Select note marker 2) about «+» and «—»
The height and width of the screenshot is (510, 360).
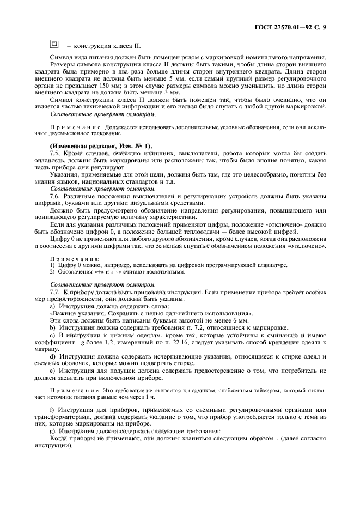53,271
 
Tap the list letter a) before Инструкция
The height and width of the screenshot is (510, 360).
52,306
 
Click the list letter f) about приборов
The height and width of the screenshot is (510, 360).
52,409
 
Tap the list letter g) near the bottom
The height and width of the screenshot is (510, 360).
52,430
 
